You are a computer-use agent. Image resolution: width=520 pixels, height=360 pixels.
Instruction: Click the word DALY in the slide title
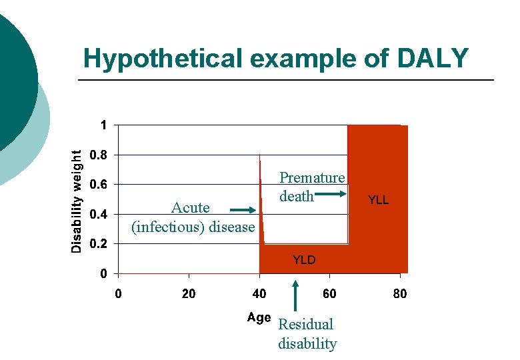[x=433, y=59]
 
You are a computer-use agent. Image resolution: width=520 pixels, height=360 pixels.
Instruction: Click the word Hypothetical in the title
[x=163, y=59]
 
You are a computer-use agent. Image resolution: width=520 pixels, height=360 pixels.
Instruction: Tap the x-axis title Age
[x=259, y=317]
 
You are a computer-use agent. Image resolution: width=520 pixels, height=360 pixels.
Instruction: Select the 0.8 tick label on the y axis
[x=98, y=155]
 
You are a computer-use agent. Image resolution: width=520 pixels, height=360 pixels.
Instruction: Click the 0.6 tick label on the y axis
[x=98, y=185]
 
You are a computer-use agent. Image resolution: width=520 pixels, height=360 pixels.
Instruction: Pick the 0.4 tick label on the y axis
[x=98, y=215]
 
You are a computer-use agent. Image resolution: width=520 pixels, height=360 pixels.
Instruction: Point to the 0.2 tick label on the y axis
[x=98, y=244]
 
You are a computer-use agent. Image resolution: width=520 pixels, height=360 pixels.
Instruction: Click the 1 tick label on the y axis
[x=103, y=125]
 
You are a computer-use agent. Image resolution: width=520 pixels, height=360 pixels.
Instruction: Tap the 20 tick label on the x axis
[x=189, y=294]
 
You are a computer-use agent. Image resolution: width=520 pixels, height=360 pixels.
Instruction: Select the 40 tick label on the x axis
[x=259, y=294]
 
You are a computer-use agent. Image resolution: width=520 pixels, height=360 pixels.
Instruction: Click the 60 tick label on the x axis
[x=329, y=294]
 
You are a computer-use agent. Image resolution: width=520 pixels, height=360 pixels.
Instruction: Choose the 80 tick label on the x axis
[x=400, y=294]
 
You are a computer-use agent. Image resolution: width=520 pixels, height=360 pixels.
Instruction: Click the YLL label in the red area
[x=378, y=200]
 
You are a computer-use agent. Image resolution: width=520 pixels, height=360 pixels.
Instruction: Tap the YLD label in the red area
[x=304, y=260]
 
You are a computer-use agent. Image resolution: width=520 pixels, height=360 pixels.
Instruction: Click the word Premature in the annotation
[x=312, y=178]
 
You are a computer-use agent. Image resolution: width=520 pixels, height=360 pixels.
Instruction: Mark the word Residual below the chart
[x=305, y=325]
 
